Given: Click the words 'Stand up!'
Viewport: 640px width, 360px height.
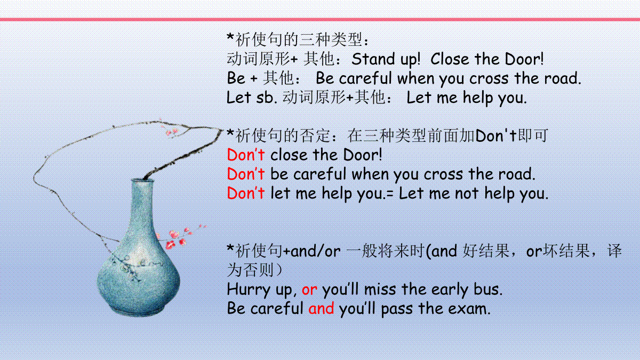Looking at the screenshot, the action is point(386,59).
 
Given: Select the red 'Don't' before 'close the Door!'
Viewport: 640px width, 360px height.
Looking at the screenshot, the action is point(246,155).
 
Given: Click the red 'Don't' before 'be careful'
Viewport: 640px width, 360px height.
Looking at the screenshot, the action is point(246,174).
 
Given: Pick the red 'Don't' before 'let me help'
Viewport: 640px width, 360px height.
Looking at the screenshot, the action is point(246,193).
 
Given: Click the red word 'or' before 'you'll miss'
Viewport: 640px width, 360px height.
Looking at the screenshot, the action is point(309,290).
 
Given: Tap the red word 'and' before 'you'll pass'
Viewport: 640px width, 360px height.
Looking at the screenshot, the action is point(321,309).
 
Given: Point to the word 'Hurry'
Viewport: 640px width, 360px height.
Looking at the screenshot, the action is point(249,290).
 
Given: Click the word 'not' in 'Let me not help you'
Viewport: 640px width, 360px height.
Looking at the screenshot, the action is point(467,194).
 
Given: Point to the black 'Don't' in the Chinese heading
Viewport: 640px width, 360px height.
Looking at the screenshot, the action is point(495,135).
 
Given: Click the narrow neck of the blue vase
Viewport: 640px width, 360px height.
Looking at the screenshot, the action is point(142,200).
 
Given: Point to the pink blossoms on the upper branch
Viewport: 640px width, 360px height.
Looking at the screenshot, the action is point(172,131).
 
